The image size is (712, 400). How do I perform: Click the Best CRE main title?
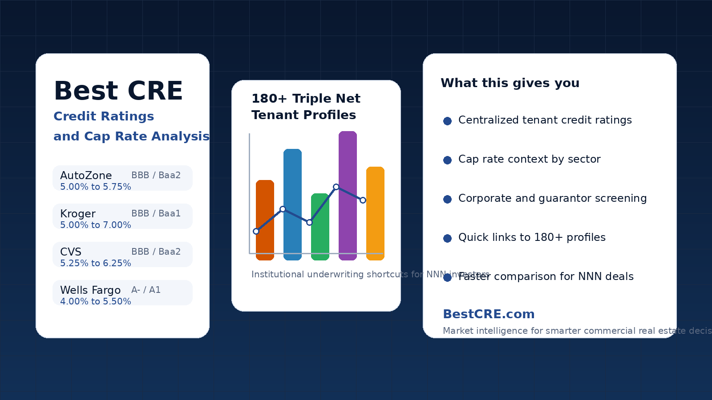[118, 91]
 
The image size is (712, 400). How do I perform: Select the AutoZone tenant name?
[86, 176]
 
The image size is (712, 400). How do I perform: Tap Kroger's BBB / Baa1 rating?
[156, 213]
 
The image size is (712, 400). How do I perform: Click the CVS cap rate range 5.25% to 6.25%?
[95, 263]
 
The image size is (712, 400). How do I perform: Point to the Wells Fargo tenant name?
[90, 290]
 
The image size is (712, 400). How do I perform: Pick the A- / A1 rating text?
[146, 290]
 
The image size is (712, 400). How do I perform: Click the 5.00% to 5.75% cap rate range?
[95, 187]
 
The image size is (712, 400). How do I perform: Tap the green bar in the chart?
[320, 240]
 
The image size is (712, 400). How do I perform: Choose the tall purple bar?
[348, 160]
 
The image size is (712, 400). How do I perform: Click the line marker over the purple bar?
[336, 187]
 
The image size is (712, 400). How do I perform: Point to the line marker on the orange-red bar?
[256, 231]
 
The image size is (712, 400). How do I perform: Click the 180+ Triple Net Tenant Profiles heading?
[306, 107]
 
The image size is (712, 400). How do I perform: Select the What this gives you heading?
[510, 83]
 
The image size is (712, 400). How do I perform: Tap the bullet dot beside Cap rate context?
[448, 160]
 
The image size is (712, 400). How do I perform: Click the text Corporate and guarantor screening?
[552, 198]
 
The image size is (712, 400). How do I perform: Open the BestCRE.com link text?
[489, 314]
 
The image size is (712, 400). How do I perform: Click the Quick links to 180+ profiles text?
[532, 237]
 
